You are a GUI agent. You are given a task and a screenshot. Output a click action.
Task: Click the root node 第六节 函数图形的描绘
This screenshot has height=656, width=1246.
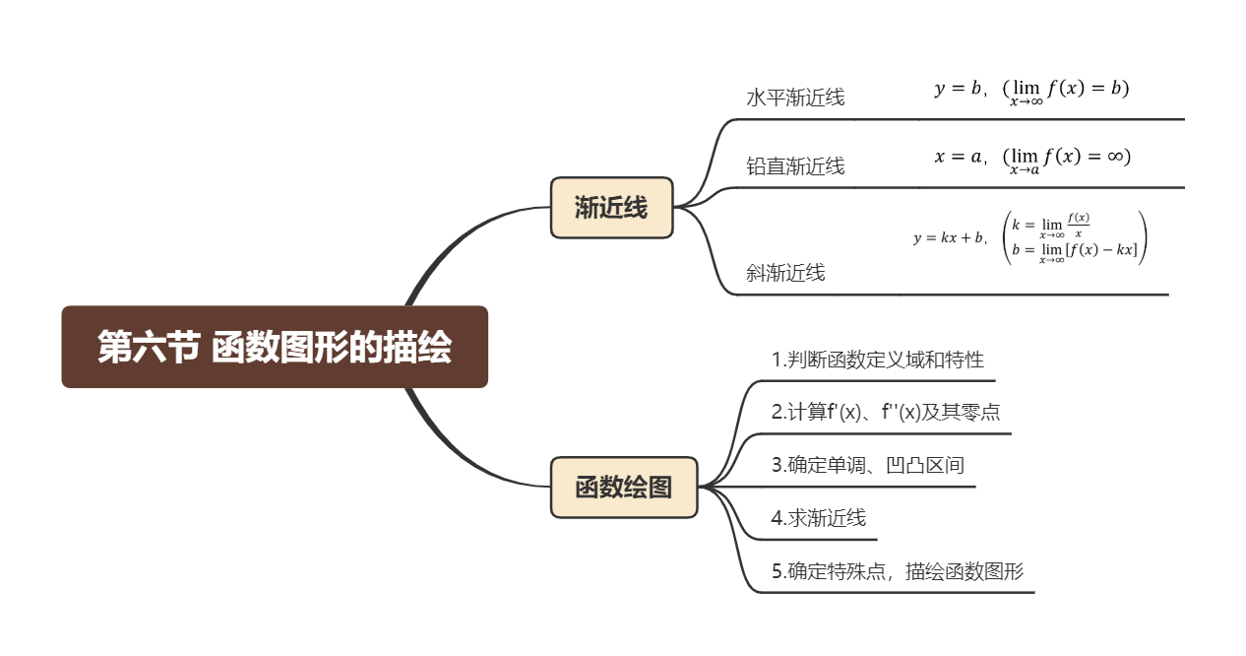tap(275, 348)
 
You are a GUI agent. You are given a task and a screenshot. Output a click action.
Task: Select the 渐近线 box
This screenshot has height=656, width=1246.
tap(611, 208)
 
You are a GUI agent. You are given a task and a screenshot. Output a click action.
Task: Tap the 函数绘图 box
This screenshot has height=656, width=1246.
tap(623, 487)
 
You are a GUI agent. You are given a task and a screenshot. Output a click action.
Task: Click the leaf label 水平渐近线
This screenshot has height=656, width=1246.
tap(795, 98)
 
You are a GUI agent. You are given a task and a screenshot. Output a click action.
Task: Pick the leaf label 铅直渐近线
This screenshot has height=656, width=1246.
tap(795, 165)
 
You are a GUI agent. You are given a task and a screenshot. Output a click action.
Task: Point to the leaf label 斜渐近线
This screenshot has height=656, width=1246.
tap(785, 273)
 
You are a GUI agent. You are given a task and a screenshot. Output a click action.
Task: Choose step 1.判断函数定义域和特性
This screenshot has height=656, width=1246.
tap(877, 360)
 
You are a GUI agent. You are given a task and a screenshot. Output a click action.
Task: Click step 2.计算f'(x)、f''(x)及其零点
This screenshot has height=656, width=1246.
tap(886, 412)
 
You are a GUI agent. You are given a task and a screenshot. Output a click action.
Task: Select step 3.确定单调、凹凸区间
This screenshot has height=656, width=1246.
tap(867, 465)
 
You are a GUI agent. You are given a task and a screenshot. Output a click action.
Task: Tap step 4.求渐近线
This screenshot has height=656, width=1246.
tap(818, 518)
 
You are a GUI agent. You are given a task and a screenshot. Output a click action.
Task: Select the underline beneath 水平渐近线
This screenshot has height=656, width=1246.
tap(965, 119)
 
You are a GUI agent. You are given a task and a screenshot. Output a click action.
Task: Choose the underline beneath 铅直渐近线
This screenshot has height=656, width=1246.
tap(965, 187)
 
